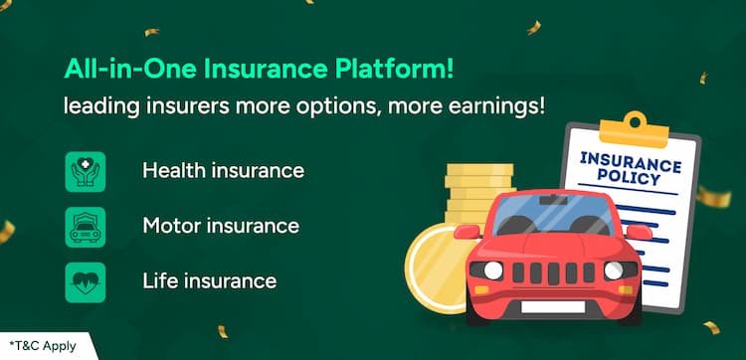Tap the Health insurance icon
(87, 171)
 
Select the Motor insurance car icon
(87, 226)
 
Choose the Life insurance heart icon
(87, 280)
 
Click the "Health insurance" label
(223, 170)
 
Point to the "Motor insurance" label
(221, 226)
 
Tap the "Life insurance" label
(209, 280)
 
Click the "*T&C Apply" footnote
(42, 346)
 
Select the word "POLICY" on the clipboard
(631, 178)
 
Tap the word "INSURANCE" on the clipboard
(631, 161)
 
